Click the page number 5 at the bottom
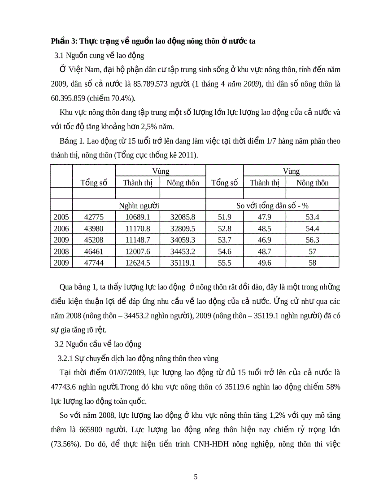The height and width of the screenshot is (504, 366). pos(196,477)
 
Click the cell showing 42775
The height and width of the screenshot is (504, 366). pos(94,217)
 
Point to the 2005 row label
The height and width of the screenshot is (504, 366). pos(61,217)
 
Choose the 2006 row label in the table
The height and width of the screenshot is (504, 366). pos(61,228)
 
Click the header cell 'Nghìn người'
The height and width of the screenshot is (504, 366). pos(138,205)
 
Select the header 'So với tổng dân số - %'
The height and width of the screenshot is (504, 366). pos(273,205)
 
